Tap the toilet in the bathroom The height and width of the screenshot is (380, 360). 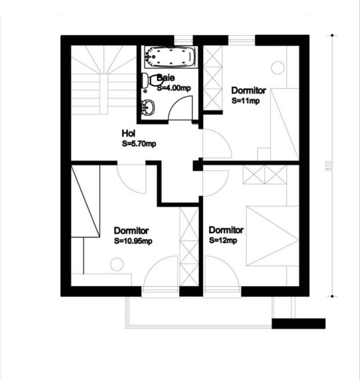(x=151, y=80)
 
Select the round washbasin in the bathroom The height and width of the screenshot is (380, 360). (x=148, y=107)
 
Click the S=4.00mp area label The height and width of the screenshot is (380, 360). (x=174, y=88)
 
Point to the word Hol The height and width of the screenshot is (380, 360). (x=128, y=133)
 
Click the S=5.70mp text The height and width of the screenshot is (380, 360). (x=139, y=144)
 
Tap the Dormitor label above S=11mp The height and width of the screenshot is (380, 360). (x=249, y=90)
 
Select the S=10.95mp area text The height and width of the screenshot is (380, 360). (x=133, y=241)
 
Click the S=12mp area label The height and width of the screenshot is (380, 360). (x=223, y=240)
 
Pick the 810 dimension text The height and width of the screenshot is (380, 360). (x=329, y=166)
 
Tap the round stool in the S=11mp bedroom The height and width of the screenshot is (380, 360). (x=277, y=68)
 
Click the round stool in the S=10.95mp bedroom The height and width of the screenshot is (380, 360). (x=117, y=264)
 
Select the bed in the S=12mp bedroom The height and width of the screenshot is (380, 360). (x=272, y=236)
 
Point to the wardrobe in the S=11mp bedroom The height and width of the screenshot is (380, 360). (x=213, y=78)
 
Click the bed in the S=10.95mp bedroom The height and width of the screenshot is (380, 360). (x=85, y=201)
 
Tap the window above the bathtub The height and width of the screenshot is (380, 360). (x=183, y=40)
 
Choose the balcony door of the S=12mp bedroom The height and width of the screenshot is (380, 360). (x=222, y=292)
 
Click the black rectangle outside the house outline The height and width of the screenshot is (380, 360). (x=299, y=323)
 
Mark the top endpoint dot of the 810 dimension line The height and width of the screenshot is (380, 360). (x=332, y=35)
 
